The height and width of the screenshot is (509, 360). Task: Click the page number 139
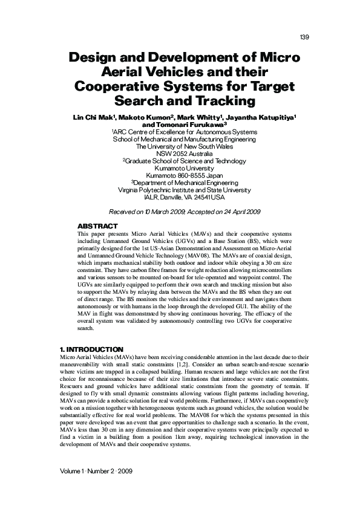[x=304, y=38]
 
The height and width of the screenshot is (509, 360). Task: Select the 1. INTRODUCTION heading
[x=92, y=349]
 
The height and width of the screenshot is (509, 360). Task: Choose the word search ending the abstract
[x=87, y=329]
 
